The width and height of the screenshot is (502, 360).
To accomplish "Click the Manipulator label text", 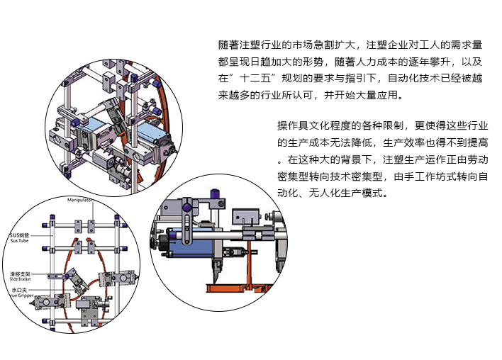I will coord(82,201).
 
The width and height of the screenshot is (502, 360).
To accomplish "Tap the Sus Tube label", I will coord(20,241).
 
